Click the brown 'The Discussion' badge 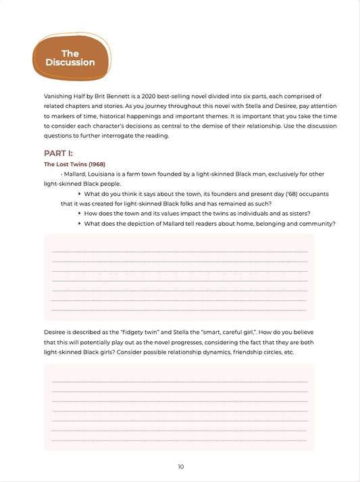pos(70,57)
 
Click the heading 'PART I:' pos(59,153)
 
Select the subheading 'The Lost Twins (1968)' pos(74,164)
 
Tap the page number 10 pos(180,466)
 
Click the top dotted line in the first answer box pos(180,252)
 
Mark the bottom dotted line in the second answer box pos(180,439)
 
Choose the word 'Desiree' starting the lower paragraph pos(56,333)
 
